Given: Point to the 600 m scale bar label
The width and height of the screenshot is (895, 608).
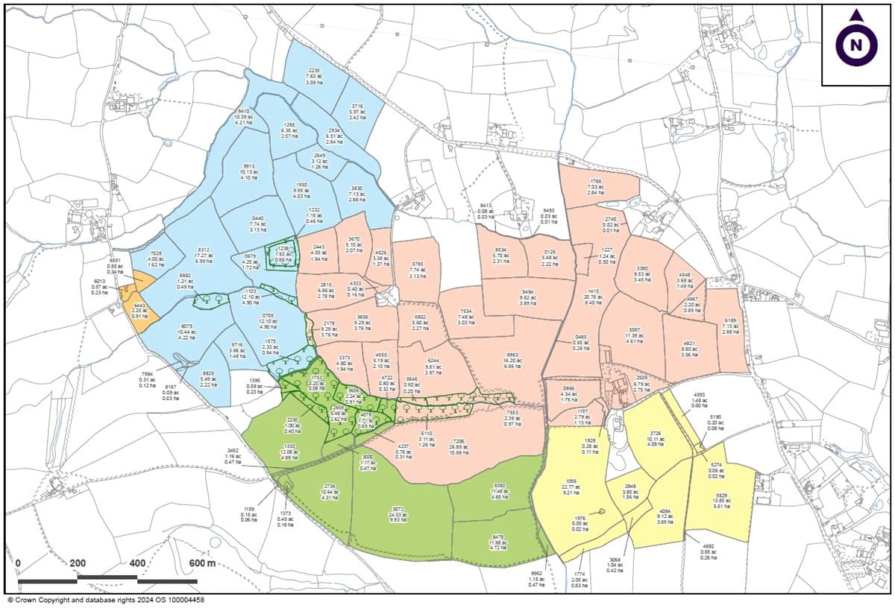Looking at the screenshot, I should [x=202, y=563].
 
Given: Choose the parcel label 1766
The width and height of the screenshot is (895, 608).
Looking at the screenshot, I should [x=595, y=187].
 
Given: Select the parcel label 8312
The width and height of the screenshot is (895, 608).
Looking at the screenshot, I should [x=204, y=255].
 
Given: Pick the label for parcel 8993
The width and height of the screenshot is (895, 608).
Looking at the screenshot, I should [x=511, y=361].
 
